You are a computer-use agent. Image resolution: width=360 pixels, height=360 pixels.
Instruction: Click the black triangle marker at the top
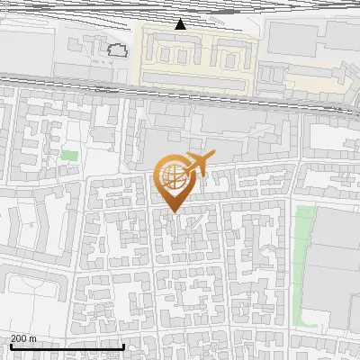[181, 23]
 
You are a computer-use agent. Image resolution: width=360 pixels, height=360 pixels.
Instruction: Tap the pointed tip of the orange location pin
[173, 212]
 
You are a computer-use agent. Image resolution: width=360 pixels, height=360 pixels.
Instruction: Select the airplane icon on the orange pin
[196, 166]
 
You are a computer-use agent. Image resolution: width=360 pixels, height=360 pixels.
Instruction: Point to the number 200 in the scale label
[20, 338]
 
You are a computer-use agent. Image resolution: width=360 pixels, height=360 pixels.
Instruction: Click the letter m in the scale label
[34, 338]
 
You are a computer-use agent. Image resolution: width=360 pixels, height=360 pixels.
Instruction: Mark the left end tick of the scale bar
[11, 346]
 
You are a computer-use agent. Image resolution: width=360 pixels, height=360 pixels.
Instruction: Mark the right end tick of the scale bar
[123, 346]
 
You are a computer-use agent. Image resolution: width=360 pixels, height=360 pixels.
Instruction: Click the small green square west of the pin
[69, 156]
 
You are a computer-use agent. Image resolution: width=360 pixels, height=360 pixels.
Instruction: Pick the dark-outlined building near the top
[117, 49]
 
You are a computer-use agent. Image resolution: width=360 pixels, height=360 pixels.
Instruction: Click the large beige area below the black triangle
[193, 58]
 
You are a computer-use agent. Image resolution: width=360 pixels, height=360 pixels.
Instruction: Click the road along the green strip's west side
[292, 270]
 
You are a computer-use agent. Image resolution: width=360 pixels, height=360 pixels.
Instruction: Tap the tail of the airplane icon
[185, 166]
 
